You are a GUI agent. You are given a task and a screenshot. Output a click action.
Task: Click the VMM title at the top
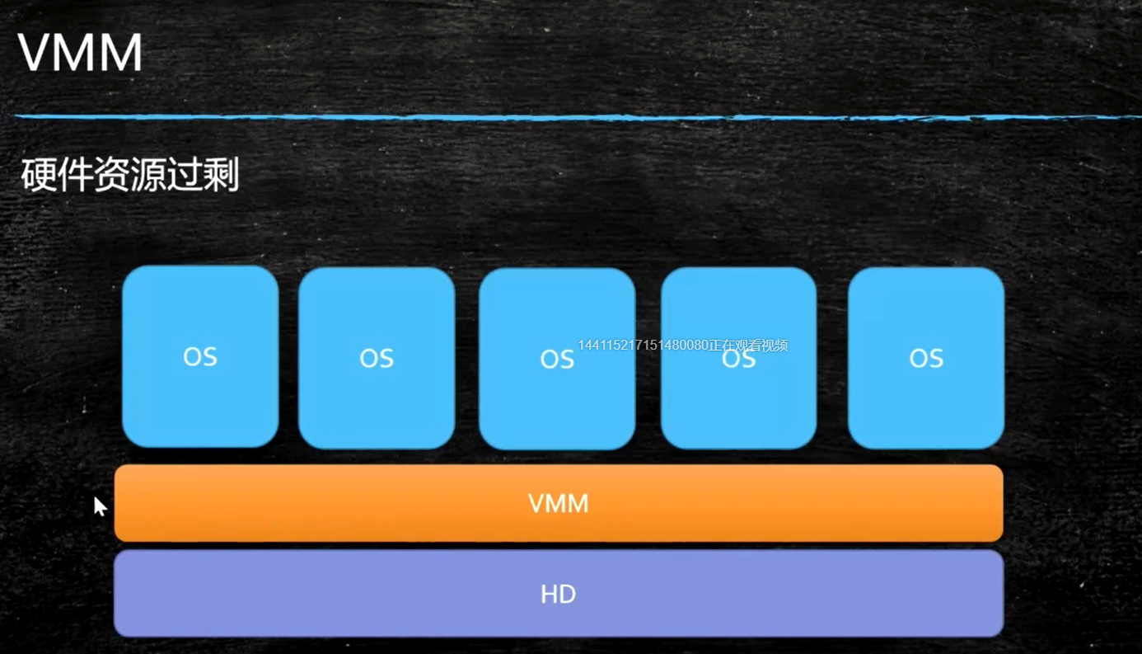[80, 54]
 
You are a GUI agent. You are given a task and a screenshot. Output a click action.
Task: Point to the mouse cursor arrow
[99, 505]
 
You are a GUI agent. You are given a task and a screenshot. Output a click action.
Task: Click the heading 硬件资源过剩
[129, 176]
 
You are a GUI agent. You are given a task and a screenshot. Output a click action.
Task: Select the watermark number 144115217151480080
[644, 346]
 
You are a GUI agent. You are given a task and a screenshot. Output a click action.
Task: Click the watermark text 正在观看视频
[749, 346]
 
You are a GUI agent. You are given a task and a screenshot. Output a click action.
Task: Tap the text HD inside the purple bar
[558, 594]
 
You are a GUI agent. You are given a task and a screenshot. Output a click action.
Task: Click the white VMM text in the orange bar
[558, 503]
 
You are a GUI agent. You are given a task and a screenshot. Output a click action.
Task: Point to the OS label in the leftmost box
[200, 356]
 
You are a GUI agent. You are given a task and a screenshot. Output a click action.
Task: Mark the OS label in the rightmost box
[926, 358]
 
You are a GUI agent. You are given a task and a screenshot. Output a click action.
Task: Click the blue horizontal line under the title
[577, 117]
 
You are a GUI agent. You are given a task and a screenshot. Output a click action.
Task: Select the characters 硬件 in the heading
[56, 176]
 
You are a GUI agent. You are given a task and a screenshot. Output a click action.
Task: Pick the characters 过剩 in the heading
[203, 176]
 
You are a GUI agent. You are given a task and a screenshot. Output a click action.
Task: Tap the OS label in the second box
[377, 358]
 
